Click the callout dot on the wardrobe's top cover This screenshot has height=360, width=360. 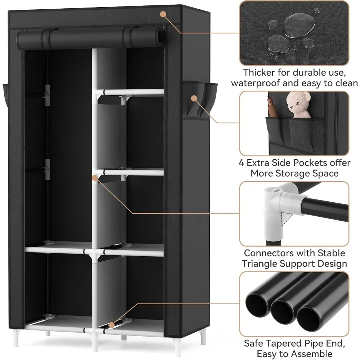(163, 14)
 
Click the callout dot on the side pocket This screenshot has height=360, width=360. (194, 98)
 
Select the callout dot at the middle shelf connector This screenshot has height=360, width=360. (95, 177)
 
